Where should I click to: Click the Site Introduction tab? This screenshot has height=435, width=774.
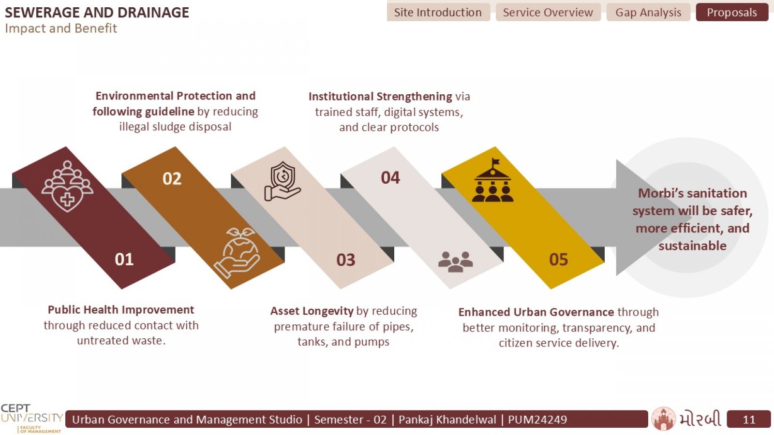(x=438, y=13)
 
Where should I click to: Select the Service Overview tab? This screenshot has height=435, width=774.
(x=548, y=13)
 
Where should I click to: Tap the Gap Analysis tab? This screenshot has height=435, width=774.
(x=648, y=13)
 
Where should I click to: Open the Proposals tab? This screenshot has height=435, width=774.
(x=732, y=13)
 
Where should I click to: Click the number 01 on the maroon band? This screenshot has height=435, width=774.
(x=124, y=259)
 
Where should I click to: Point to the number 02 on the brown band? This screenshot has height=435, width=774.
(x=172, y=178)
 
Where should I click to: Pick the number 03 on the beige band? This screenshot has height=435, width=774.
(x=345, y=260)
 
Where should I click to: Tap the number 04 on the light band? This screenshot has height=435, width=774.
(x=390, y=178)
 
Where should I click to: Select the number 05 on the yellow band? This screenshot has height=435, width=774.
(x=558, y=260)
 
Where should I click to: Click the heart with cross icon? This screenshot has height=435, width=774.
(x=67, y=187)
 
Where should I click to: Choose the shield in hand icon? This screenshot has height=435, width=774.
(x=283, y=181)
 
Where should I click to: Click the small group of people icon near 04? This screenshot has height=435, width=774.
(x=455, y=261)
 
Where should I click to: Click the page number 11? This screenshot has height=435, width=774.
(x=749, y=420)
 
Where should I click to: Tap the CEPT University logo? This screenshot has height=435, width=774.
(x=32, y=419)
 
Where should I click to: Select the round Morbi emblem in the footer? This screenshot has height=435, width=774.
(x=663, y=419)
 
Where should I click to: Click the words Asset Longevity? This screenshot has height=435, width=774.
(x=312, y=311)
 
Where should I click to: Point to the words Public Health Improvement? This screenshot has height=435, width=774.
(x=121, y=310)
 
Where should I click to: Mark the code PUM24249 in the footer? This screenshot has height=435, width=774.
(x=537, y=420)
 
